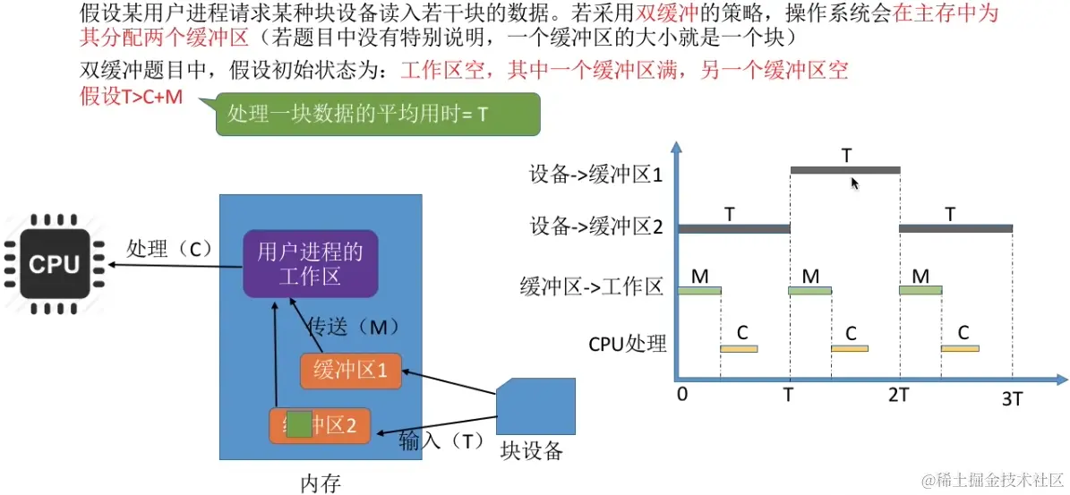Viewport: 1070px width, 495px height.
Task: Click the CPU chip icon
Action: coord(55,264)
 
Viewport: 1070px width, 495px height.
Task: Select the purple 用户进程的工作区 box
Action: coord(310,264)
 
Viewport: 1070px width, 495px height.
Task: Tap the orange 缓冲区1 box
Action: coord(351,370)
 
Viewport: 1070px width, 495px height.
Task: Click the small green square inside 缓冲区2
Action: coord(300,424)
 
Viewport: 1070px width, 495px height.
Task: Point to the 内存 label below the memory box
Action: coord(320,484)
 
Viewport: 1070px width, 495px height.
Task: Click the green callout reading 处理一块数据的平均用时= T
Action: coord(378,115)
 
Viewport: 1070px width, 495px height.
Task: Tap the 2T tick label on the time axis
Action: coord(899,394)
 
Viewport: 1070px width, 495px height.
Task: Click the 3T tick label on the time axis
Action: coord(1012,399)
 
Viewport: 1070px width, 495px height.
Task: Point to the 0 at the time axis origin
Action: coord(682,394)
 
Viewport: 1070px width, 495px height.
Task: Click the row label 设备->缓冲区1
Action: coord(595,175)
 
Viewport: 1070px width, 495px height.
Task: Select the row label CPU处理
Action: coord(628,343)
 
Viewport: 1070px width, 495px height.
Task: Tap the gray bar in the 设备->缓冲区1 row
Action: coord(844,170)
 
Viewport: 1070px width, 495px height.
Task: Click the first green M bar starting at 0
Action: coord(699,290)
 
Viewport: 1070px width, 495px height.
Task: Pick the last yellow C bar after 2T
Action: coord(960,347)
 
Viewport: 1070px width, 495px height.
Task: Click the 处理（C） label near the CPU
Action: coord(168,250)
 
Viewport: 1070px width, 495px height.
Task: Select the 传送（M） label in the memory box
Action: coord(353,327)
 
